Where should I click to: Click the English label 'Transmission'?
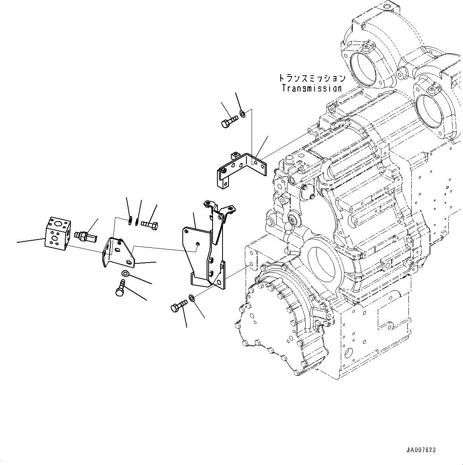pos(312,88)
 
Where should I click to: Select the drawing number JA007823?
pos(421,450)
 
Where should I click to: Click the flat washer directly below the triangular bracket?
pos(125,273)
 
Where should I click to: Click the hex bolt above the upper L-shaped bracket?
pos(229,120)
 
